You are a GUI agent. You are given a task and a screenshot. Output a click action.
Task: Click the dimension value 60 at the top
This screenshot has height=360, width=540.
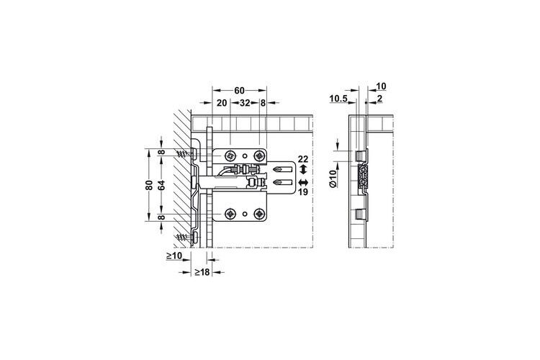point(239,91)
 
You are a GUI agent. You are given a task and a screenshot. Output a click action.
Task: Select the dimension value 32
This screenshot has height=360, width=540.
point(245,103)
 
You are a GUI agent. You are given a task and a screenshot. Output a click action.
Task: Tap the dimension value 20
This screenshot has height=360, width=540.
point(222,103)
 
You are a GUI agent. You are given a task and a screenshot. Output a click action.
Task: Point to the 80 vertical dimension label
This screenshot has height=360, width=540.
point(149,185)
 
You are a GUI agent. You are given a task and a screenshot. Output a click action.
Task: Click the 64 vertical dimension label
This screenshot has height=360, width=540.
point(161,185)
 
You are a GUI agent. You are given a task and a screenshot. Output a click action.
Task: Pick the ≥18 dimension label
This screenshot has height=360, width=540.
point(202,272)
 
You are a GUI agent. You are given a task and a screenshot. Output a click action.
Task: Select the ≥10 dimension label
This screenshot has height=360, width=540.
point(174,256)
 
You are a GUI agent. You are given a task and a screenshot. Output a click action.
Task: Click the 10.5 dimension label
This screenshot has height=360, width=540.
point(338,99)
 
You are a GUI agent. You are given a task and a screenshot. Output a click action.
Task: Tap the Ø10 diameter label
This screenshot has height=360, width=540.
point(333,179)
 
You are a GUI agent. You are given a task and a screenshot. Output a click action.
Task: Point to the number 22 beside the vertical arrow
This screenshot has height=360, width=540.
point(303,159)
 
